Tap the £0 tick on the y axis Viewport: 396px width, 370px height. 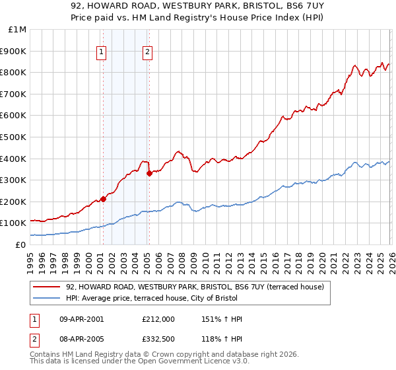pyautogui.click(x=21, y=244)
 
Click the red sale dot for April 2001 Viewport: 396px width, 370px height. pyautogui.click(x=103, y=199)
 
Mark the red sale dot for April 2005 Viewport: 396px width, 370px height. pyautogui.click(x=149, y=173)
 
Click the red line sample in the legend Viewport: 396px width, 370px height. pyautogui.click(x=46, y=287)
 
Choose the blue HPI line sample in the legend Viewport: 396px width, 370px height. pyautogui.click(x=46, y=299)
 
